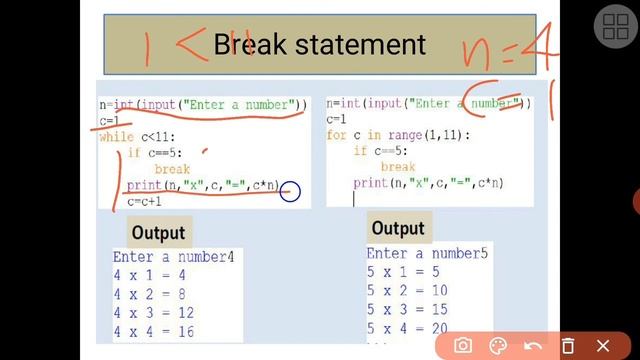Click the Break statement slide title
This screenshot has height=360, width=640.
pos(319,45)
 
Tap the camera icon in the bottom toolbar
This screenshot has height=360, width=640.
pos(463,345)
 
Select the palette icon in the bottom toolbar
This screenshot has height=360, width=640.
pos(498,345)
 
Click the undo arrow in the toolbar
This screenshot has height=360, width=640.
pos(533,345)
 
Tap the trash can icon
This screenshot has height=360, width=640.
pos(567,345)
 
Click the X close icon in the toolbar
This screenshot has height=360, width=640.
pos(602,345)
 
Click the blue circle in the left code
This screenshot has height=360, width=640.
pos(290,190)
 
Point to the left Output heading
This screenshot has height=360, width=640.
pos(158,233)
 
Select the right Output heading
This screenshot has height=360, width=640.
pos(398,229)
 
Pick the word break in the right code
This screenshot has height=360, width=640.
pos(398,167)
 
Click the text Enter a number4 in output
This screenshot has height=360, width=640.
pos(174,257)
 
